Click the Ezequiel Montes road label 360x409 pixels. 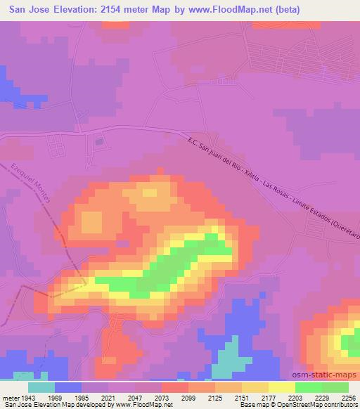31,184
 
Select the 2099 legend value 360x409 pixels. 187,398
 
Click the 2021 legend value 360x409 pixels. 108,398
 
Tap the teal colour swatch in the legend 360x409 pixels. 41,387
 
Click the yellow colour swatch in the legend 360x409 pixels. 281,387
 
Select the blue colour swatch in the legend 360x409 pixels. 68,387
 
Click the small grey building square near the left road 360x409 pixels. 98,141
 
